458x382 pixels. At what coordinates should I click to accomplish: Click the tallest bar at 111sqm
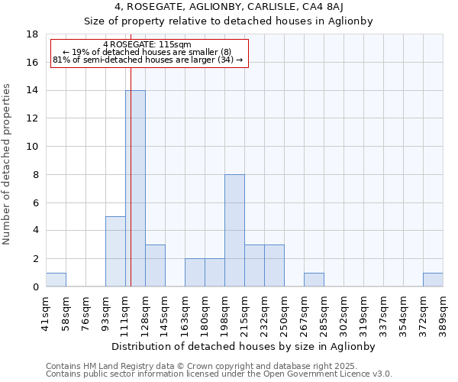(135, 189)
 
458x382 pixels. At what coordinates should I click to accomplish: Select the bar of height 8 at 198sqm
(234, 231)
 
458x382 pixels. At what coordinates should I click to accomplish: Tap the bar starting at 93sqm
(115, 251)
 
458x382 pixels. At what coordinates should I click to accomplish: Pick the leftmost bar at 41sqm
(56, 280)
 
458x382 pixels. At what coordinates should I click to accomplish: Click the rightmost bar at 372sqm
(433, 280)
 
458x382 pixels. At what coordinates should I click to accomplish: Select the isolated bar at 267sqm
(314, 280)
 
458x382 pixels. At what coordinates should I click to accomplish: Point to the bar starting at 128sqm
(155, 266)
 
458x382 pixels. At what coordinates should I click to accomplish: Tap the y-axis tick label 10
(32, 147)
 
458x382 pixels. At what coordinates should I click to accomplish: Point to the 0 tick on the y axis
(35, 287)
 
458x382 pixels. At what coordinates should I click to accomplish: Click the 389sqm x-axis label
(443, 311)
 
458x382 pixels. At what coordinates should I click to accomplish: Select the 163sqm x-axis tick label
(185, 311)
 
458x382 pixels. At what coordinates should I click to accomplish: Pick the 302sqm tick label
(344, 311)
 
